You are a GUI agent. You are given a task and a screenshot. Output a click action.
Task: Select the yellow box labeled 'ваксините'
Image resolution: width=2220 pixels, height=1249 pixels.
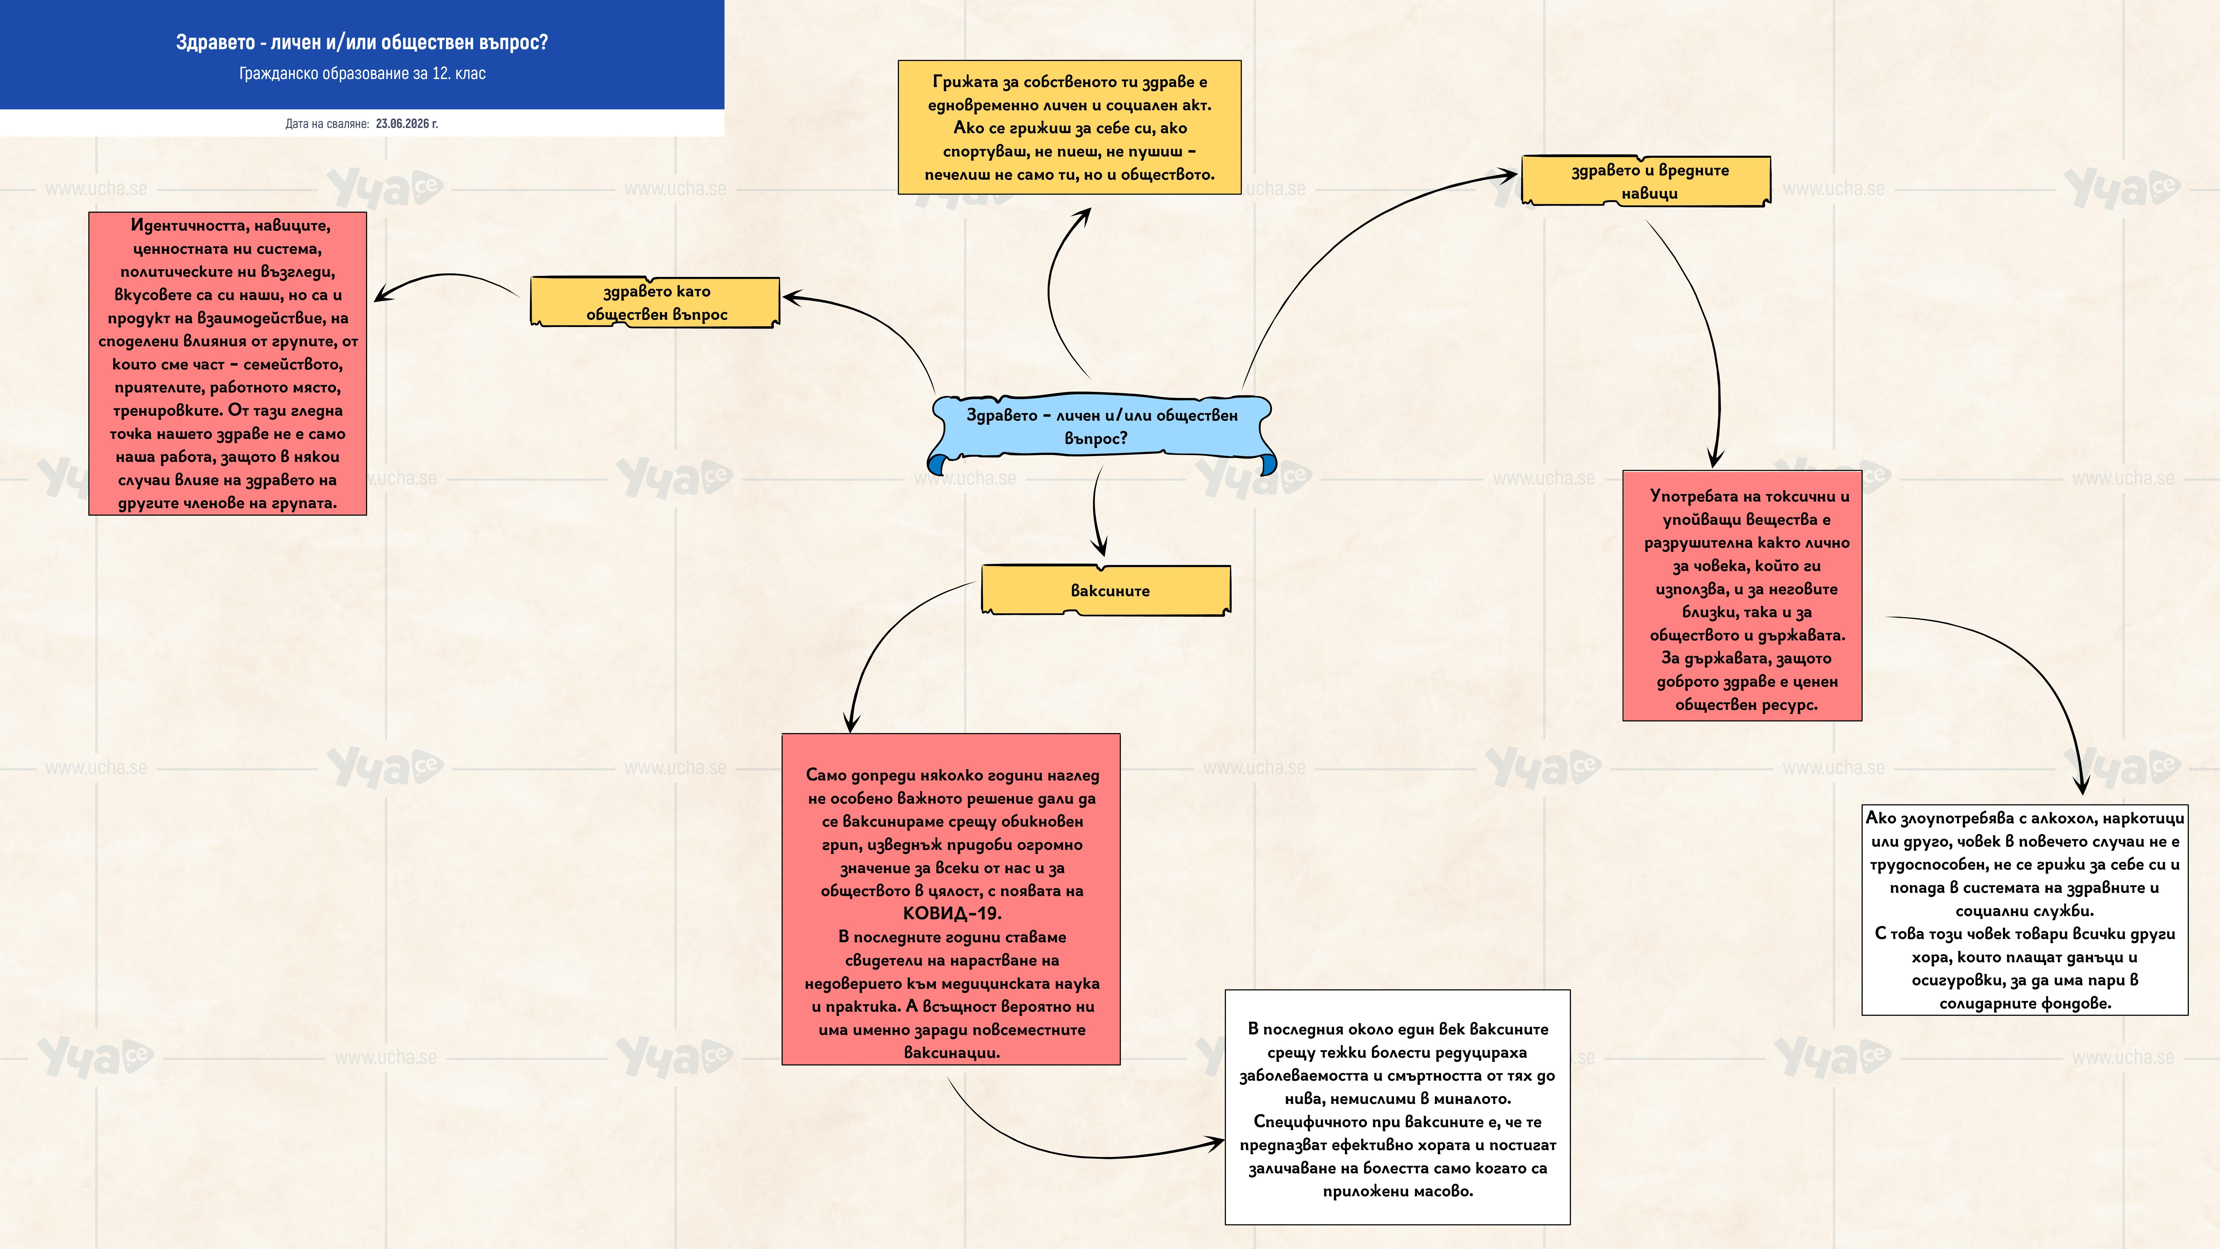(x=1106, y=590)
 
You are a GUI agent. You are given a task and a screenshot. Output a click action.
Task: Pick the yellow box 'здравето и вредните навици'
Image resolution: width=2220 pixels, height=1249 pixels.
(x=1647, y=181)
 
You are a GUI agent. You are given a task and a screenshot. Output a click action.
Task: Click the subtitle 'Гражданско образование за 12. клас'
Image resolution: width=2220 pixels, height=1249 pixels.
(x=362, y=73)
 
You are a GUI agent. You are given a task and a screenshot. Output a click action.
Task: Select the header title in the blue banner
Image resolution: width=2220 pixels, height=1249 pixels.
(x=362, y=42)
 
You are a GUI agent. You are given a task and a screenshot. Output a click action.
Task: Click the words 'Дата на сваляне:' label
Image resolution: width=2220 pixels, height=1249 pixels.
(x=328, y=123)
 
